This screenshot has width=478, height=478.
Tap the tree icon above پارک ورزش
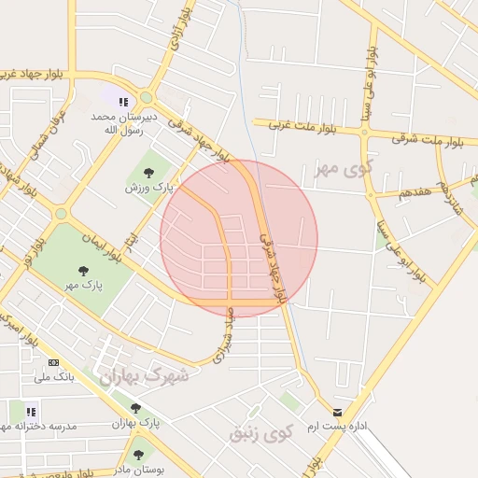(149, 173)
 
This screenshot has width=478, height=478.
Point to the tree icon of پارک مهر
(85, 269)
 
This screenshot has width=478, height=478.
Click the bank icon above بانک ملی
(53, 362)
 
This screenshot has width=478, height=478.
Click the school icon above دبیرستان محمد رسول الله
(122, 101)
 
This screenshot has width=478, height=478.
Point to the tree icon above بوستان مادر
(139, 454)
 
